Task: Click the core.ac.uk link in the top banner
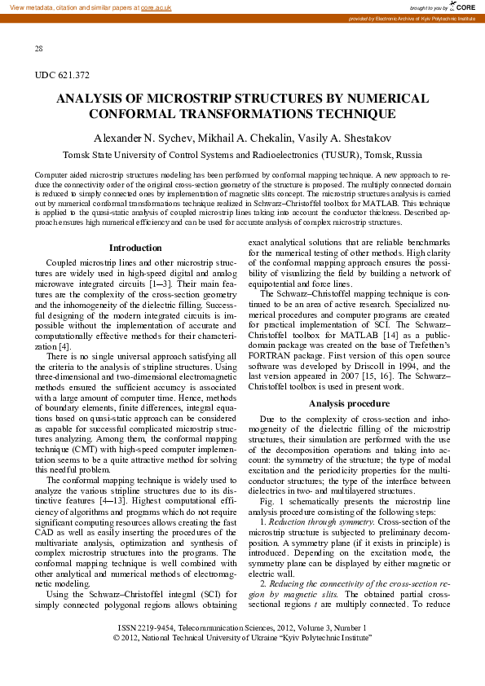click(156, 7)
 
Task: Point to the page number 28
click(39, 49)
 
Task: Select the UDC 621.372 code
click(62, 75)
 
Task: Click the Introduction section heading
click(135, 248)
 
